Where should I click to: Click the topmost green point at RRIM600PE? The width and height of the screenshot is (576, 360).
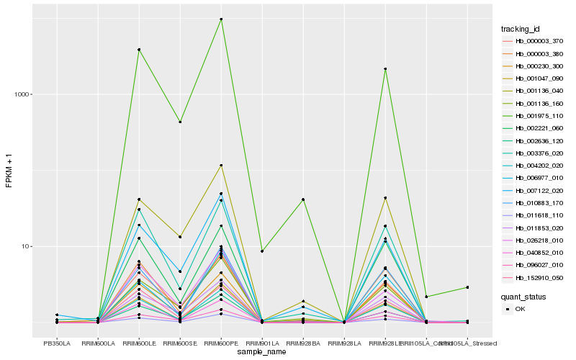(221, 19)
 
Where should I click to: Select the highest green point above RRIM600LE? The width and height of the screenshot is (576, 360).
(139, 49)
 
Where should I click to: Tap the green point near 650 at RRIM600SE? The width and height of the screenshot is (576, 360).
(180, 122)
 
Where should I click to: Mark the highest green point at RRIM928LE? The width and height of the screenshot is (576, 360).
(385, 69)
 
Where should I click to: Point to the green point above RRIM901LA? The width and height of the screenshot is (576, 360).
(262, 251)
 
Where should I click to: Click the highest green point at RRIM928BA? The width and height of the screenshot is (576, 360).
(303, 199)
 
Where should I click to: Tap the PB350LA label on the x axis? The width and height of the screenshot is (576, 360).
(57, 343)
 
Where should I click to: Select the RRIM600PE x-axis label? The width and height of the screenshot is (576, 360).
(221, 343)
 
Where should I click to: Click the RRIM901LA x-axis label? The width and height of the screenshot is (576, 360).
(262, 343)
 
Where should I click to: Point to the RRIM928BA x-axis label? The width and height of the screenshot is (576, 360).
(303, 343)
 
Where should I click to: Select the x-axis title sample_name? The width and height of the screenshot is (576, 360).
(262, 352)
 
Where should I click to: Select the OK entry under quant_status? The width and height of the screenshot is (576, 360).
(521, 309)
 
